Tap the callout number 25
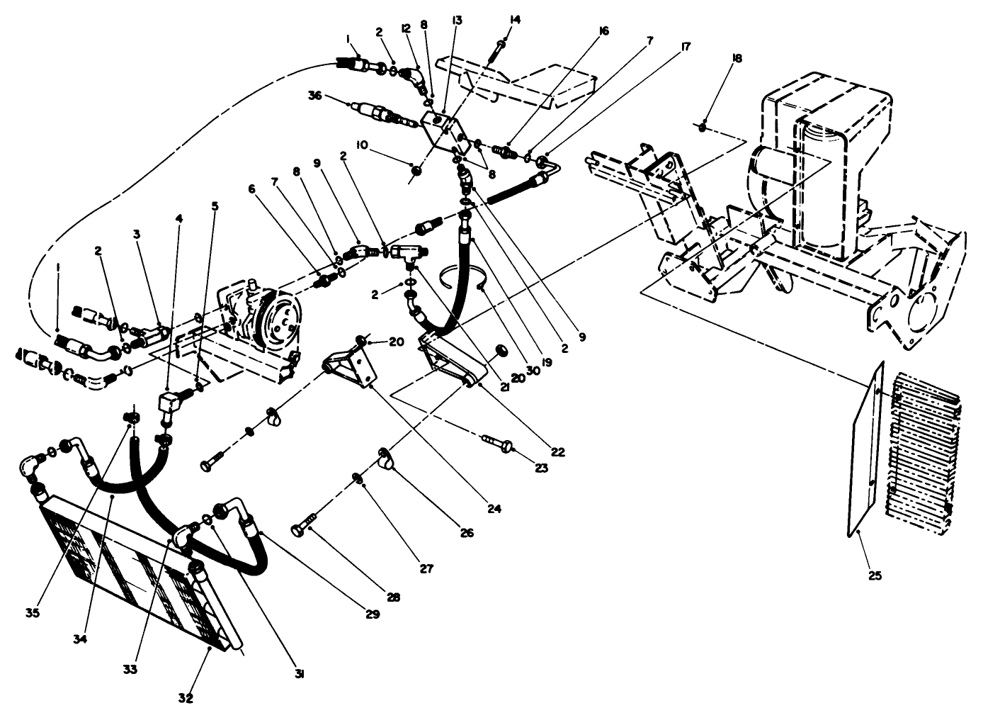tap(875, 575)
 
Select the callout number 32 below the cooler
tap(186, 697)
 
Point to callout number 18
tap(737, 59)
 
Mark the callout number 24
tap(494, 508)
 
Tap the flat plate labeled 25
tap(864, 454)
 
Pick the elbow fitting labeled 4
tap(169, 408)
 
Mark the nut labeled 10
tap(416, 170)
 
